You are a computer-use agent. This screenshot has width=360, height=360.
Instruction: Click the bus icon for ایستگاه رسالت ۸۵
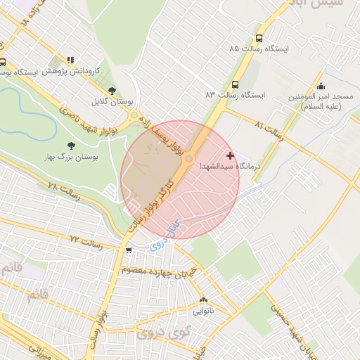tap(259, 39)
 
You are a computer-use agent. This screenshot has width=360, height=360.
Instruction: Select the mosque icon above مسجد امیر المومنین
tap(321, 86)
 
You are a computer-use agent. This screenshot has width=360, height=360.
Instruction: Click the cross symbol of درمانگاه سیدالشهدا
tap(230, 155)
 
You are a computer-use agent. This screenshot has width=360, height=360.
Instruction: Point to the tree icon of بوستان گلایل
tap(112, 90)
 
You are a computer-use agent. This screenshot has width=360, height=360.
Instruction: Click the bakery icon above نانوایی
tap(203, 300)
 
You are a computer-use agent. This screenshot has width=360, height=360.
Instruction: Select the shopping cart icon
tap(127, 250)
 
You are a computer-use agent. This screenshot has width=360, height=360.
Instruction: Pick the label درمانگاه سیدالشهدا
tap(230, 167)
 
